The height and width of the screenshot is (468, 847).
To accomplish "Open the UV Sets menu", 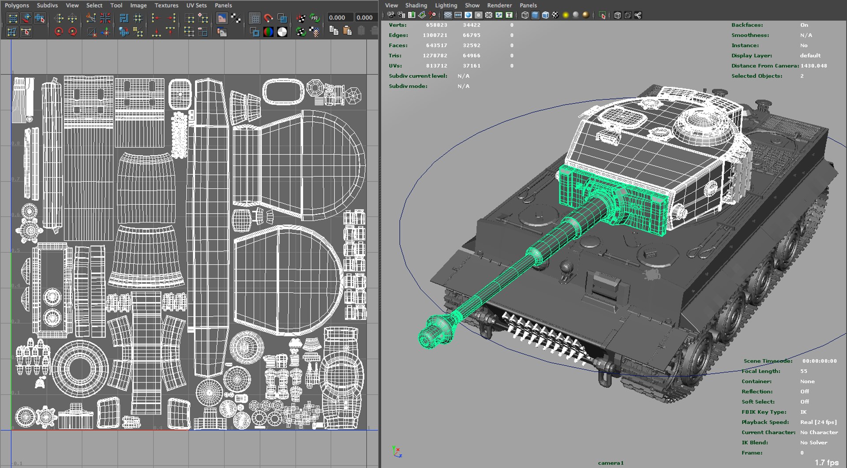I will tap(196, 5).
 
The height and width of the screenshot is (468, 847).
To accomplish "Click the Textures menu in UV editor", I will tap(166, 5).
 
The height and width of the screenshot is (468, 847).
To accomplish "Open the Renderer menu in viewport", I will tap(499, 5).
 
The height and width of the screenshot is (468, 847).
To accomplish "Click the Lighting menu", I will tap(446, 5).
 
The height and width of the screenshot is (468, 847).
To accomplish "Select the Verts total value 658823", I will tap(436, 25).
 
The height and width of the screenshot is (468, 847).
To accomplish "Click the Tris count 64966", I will tap(471, 56).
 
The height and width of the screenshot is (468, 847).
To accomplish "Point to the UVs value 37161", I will tap(471, 66).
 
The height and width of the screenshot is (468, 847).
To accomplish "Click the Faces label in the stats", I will tap(398, 45).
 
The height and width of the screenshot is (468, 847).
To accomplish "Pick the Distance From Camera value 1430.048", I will tap(813, 66).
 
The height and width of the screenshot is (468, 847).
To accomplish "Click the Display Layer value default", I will tap(810, 56).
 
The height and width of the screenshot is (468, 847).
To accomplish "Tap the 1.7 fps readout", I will tap(826, 462).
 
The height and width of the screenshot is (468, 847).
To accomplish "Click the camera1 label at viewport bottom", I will tap(611, 463).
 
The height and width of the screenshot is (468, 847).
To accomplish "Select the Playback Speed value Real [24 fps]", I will tap(818, 422).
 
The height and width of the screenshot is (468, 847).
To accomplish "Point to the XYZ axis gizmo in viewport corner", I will tap(397, 451).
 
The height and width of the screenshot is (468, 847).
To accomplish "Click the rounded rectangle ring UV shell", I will tap(283, 92).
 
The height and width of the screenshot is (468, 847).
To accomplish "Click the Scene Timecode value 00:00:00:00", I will tap(819, 361).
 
